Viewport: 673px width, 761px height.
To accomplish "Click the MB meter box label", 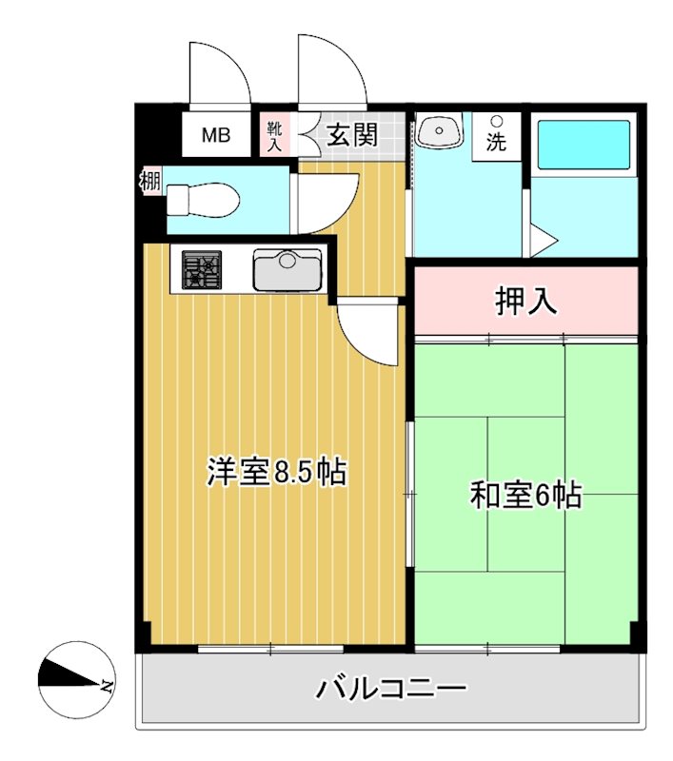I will [215, 135].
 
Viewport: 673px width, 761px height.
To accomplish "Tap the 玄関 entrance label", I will [352, 135].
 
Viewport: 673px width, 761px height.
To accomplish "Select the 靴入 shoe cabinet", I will [274, 137].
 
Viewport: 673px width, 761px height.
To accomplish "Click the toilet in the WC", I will [201, 200].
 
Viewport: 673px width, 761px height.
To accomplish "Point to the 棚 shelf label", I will [150, 180].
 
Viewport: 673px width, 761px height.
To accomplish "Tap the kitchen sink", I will [287, 269].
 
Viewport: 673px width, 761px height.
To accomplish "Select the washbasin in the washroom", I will [438, 131].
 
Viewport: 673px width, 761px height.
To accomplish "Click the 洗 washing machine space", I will [497, 137].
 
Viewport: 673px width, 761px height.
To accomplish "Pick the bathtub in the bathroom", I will [582, 144].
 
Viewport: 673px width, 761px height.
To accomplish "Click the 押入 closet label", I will [525, 302].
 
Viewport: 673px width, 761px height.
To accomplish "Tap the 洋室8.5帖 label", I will [276, 472].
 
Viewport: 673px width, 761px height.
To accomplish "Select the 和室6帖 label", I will [525, 495].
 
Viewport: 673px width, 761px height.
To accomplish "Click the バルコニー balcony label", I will [391, 688].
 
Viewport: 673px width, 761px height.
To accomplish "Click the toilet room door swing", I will [326, 201].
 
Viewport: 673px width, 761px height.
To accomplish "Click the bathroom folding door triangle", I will [540, 240].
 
